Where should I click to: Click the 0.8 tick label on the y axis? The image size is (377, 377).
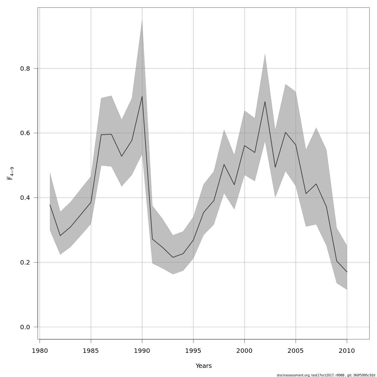[x=25, y=68]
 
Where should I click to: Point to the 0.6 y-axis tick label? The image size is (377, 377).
[x=25, y=133]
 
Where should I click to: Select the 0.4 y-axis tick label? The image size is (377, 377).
[x=25, y=198]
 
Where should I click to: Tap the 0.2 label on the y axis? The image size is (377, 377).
[x=25, y=263]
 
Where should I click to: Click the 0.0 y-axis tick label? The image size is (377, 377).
[x=25, y=327]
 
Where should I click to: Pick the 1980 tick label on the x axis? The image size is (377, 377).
[x=40, y=351]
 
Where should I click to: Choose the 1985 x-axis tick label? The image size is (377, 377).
[x=91, y=351]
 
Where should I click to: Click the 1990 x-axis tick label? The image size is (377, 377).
[x=142, y=351]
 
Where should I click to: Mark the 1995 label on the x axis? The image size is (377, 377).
[x=194, y=351]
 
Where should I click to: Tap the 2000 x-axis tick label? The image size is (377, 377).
[x=245, y=351]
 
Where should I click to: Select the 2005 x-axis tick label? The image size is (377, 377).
[x=296, y=351]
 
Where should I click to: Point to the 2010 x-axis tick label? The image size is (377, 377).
[x=347, y=351]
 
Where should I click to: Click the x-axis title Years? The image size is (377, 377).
[x=204, y=366]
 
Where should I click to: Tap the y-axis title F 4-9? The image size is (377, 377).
[x=10, y=173]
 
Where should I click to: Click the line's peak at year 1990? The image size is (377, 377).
[x=142, y=96]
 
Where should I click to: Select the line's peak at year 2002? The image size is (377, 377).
[x=265, y=101]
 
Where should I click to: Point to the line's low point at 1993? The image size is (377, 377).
[x=173, y=257]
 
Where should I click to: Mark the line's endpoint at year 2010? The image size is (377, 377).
[x=347, y=272]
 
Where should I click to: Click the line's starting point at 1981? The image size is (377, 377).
[x=50, y=205]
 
